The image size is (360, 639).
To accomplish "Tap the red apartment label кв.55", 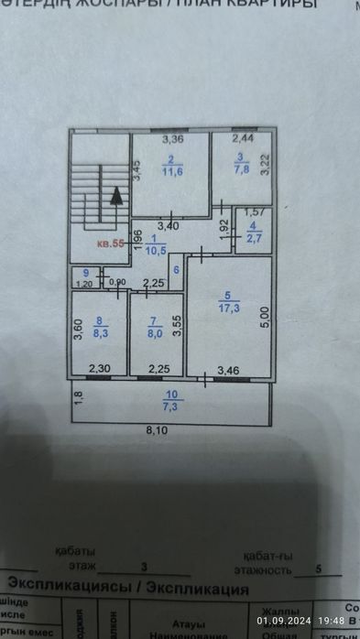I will point(112,244).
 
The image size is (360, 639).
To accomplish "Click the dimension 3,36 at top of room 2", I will point(174,140).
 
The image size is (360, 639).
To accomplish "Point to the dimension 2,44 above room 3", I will point(243,139).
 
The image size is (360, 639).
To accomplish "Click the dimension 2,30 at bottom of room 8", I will point(98,369).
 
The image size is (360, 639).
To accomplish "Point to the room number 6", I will point(176,270).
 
